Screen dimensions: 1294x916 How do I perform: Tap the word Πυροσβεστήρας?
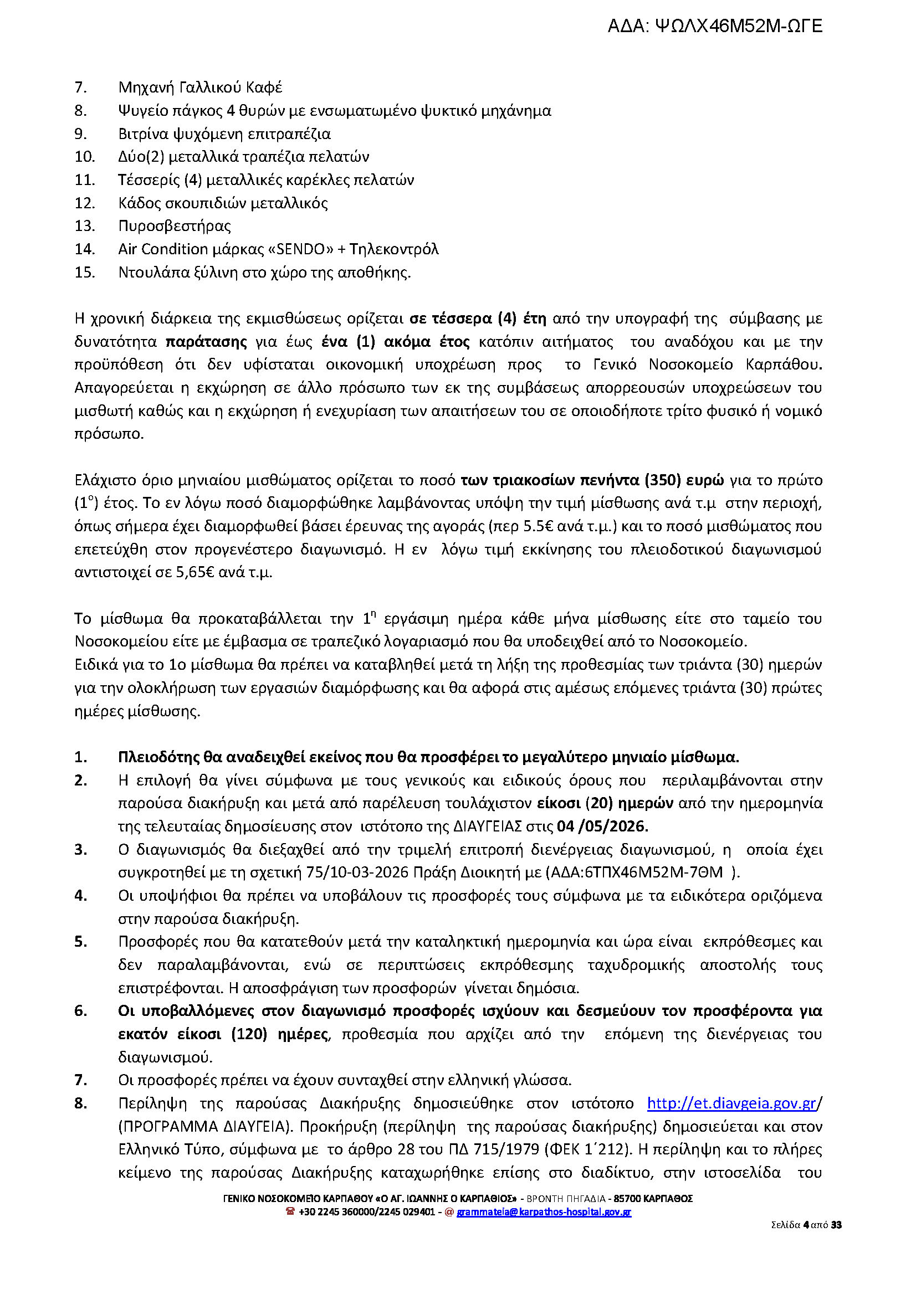tap(175, 226)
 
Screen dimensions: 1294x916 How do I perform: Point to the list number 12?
tap(84, 203)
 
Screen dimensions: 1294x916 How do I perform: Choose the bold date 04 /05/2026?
tap(602, 826)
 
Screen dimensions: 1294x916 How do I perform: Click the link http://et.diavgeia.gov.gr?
tap(731, 1103)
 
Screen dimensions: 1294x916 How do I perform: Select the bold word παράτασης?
tap(207, 342)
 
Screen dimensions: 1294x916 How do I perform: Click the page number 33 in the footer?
tap(836, 1225)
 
